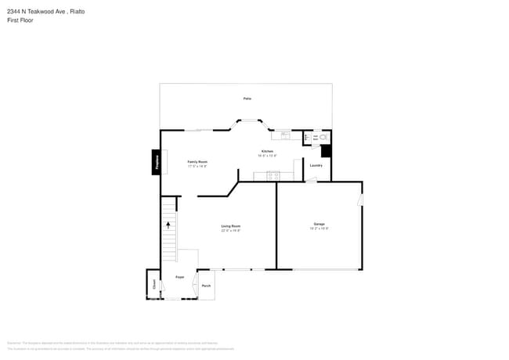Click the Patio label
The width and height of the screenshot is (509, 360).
coord(247,99)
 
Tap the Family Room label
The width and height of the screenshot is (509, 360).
coord(197,161)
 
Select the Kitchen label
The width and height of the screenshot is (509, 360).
coord(267,151)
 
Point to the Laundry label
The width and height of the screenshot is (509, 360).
coord(316,165)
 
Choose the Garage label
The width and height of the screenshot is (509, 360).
coord(319,224)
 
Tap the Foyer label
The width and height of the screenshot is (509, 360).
coord(179,277)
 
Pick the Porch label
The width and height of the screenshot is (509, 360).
coord(206,286)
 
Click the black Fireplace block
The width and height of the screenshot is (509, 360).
coord(157,162)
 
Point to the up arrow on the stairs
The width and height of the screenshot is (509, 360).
coord(168,225)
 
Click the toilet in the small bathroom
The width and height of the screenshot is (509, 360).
coord(323,138)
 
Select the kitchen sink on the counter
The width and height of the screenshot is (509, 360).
coord(286,135)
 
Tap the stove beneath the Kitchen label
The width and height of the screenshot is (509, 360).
coord(273,175)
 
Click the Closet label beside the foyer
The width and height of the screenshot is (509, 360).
coord(153,286)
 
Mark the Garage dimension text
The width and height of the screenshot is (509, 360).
coord(319,229)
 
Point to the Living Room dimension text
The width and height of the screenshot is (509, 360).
coord(230,230)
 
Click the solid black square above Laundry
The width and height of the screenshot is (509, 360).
coord(326,151)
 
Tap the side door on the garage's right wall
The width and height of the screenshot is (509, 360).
coord(360,200)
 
